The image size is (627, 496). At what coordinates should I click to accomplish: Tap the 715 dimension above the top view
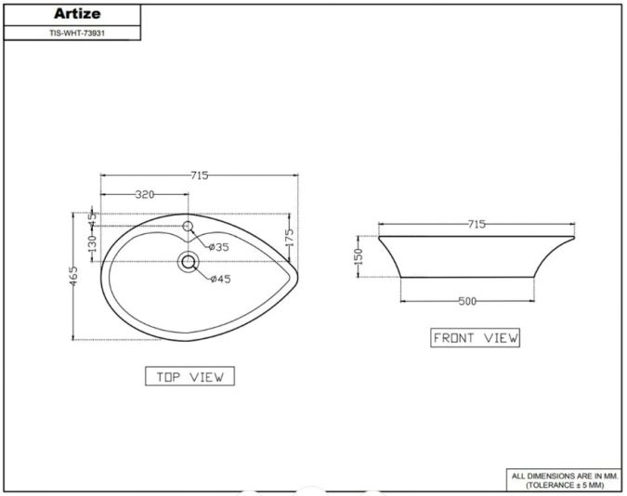click(x=199, y=176)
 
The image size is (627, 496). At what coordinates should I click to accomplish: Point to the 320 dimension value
click(x=144, y=195)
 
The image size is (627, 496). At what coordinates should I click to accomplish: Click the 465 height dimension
click(x=74, y=276)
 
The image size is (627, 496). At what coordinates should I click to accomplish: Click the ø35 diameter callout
click(x=218, y=247)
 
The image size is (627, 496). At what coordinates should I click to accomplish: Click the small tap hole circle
click(x=188, y=227)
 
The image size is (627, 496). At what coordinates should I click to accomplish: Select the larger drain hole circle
click(x=189, y=262)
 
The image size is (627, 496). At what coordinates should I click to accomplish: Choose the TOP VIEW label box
click(x=189, y=376)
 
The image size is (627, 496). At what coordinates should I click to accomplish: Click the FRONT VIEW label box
click(x=476, y=338)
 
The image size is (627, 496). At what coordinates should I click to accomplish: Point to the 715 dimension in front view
click(x=476, y=225)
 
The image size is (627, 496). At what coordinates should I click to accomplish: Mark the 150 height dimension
click(x=359, y=256)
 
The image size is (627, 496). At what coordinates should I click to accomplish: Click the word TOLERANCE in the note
click(x=554, y=485)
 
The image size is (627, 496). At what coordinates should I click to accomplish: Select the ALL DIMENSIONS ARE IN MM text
click(x=564, y=475)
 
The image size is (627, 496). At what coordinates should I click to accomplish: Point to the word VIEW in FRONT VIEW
click(x=500, y=338)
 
